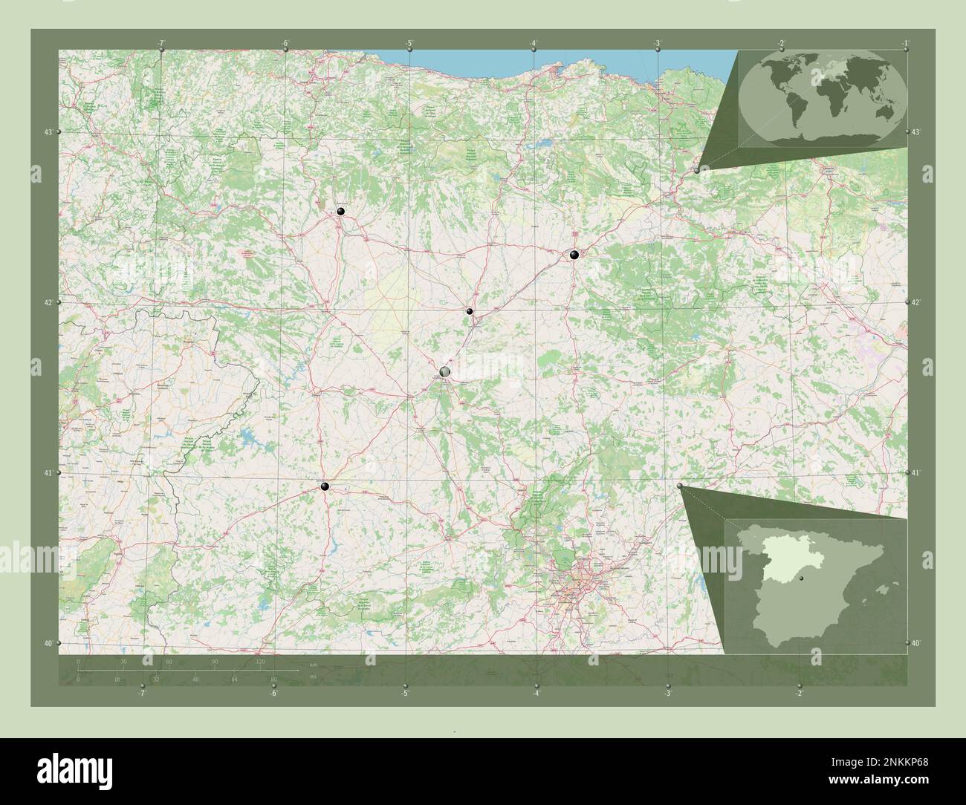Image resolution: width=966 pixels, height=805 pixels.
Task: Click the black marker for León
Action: point(341,212)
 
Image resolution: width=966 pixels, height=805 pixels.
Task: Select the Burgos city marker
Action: point(574,254)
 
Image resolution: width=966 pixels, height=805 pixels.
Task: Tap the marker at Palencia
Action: point(470,312)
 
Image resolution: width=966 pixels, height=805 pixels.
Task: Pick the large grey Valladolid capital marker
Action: point(445,371)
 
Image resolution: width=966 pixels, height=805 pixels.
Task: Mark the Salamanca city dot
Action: point(324,486)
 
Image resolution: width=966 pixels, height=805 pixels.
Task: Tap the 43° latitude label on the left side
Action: point(48,132)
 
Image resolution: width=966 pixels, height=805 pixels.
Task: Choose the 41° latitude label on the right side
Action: point(915,473)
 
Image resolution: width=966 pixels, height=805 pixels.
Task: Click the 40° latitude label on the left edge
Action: point(48,643)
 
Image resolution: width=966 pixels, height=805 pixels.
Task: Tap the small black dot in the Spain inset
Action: point(801,576)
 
